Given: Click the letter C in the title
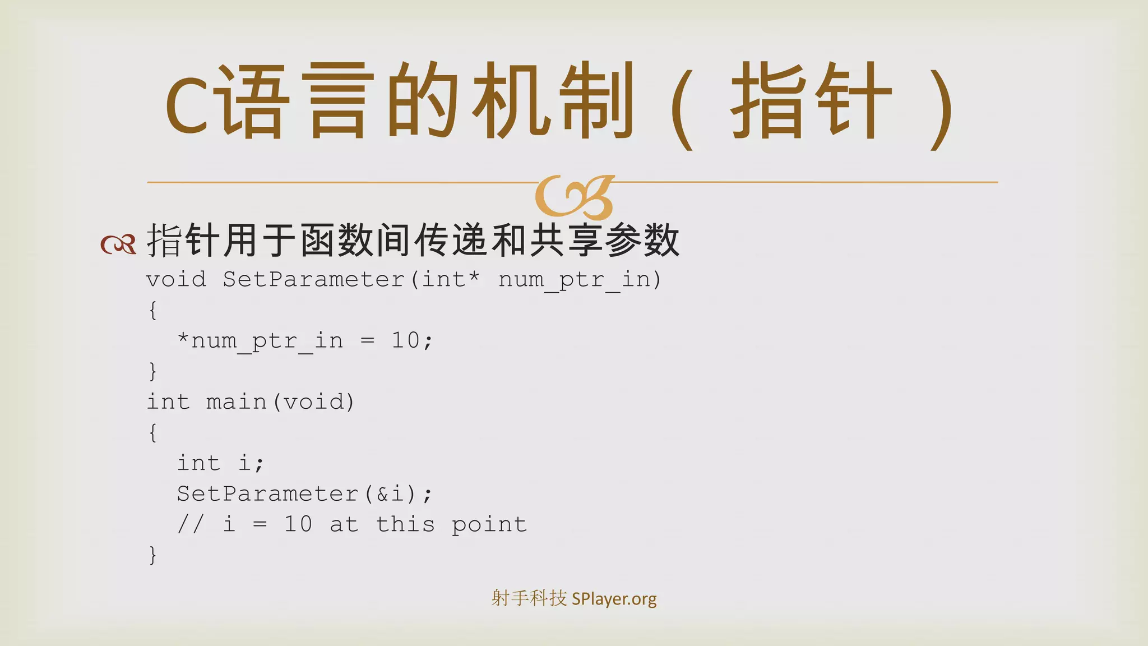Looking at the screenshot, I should tap(188, 105).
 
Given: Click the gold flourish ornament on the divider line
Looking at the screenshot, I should tap(574, 197).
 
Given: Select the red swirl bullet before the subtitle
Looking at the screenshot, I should tap(118, 244).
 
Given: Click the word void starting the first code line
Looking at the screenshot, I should tap(176, 279).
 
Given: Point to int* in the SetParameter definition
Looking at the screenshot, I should tap(451, 279).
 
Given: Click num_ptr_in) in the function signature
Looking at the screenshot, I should tap(580, 279).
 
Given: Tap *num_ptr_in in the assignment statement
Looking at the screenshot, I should tap(260, 340).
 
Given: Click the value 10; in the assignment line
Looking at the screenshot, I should tap(412, 340).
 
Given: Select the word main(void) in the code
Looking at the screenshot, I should tap(280, 402).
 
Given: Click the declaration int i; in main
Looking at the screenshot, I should tap(220, 463).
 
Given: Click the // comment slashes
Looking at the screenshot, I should tap(191, 524).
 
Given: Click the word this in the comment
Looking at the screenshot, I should tap(405, 524).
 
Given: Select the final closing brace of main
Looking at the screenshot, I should tap(152, 555).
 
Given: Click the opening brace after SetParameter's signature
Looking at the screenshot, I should tap(152, 310).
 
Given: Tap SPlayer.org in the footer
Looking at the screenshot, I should tap(614, 599).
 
